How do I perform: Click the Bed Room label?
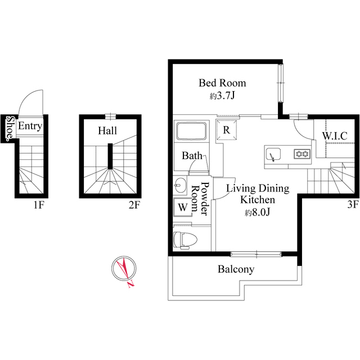click(222, 83)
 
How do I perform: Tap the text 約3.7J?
click(222, 96)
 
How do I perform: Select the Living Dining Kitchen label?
click(258, 193)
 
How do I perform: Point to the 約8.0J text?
click(258, 213)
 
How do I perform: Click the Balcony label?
click(236, 269)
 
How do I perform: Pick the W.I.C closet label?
click(334, 136)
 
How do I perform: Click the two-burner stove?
click(301, 154)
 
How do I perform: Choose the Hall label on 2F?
click(107, 130)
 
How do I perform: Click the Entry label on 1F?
click(30, 126)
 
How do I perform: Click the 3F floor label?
click(353, 205)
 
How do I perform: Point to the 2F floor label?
click(133, 205)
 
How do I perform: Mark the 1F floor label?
click(38, 205)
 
